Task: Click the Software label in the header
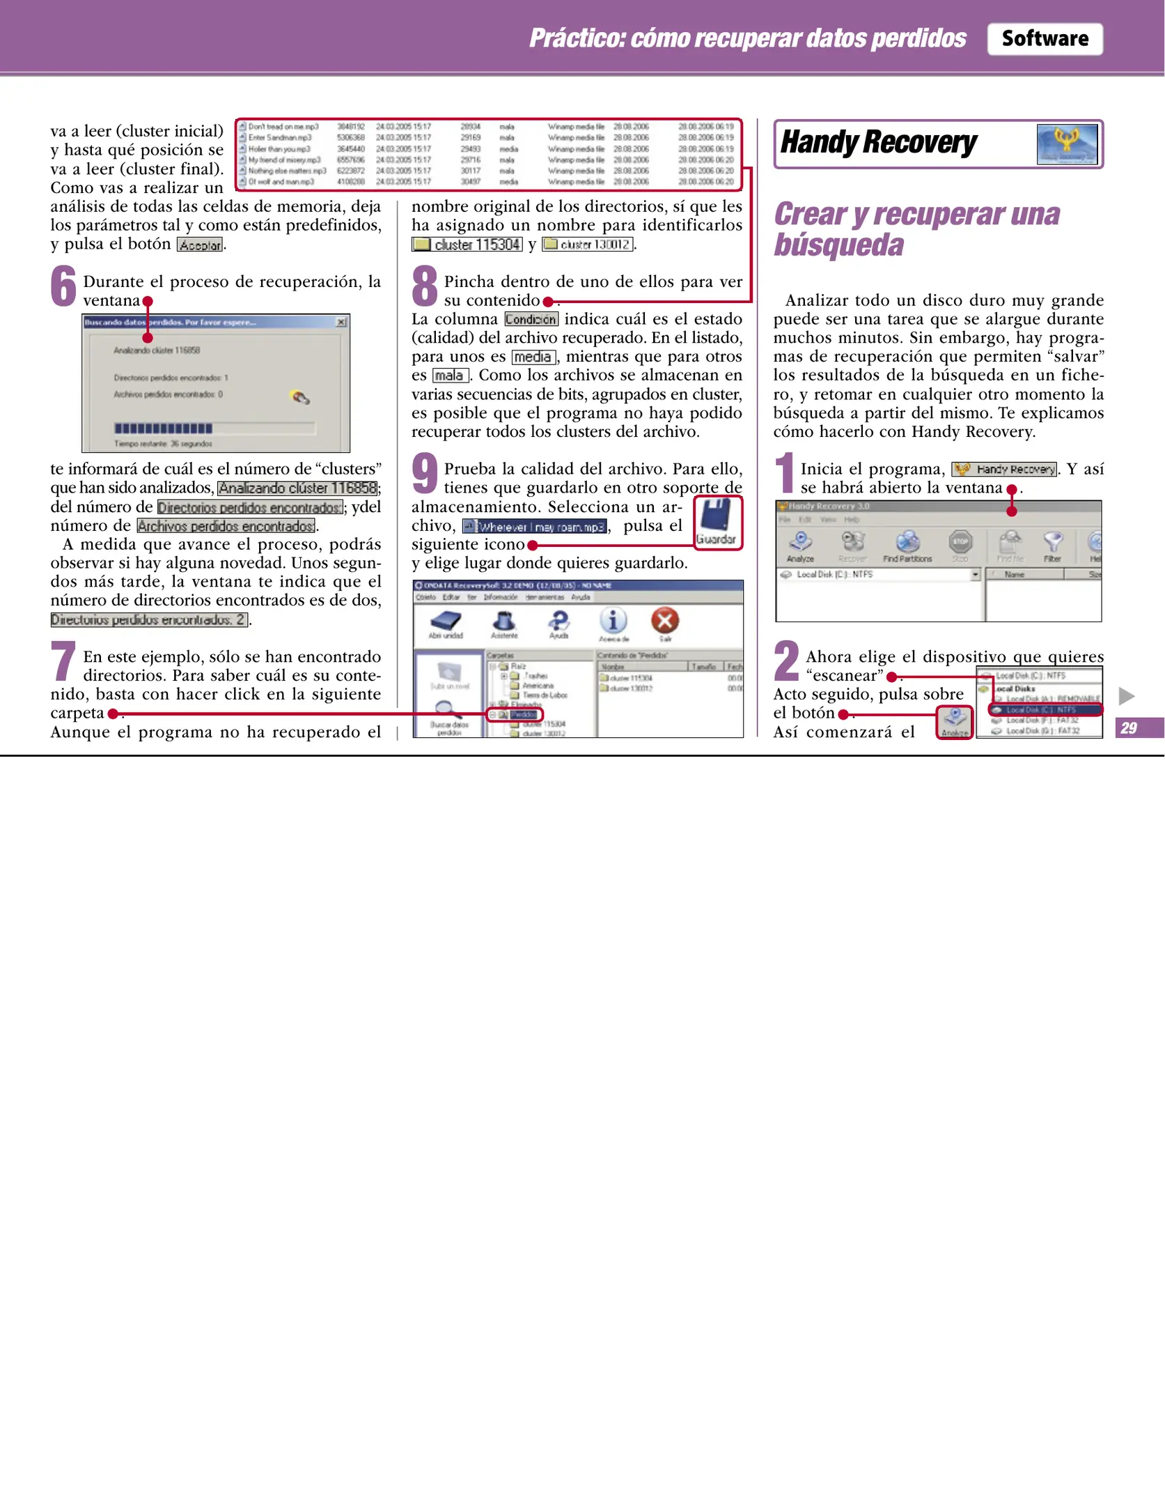pos(1044,39)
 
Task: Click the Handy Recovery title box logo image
pos(1066,144)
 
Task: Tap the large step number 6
pos(63,286)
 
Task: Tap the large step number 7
pos(63,661)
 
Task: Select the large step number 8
pos(424,286)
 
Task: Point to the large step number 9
pos(424,473)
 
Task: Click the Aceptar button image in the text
pos(200,245)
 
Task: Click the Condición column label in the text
pos(531,320)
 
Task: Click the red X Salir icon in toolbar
pos(665,620)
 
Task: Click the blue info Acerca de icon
pos(613,620)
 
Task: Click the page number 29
pos(1129,728)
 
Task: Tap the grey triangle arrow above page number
pos(1126,695)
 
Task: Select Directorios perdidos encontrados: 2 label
pos(149,619)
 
